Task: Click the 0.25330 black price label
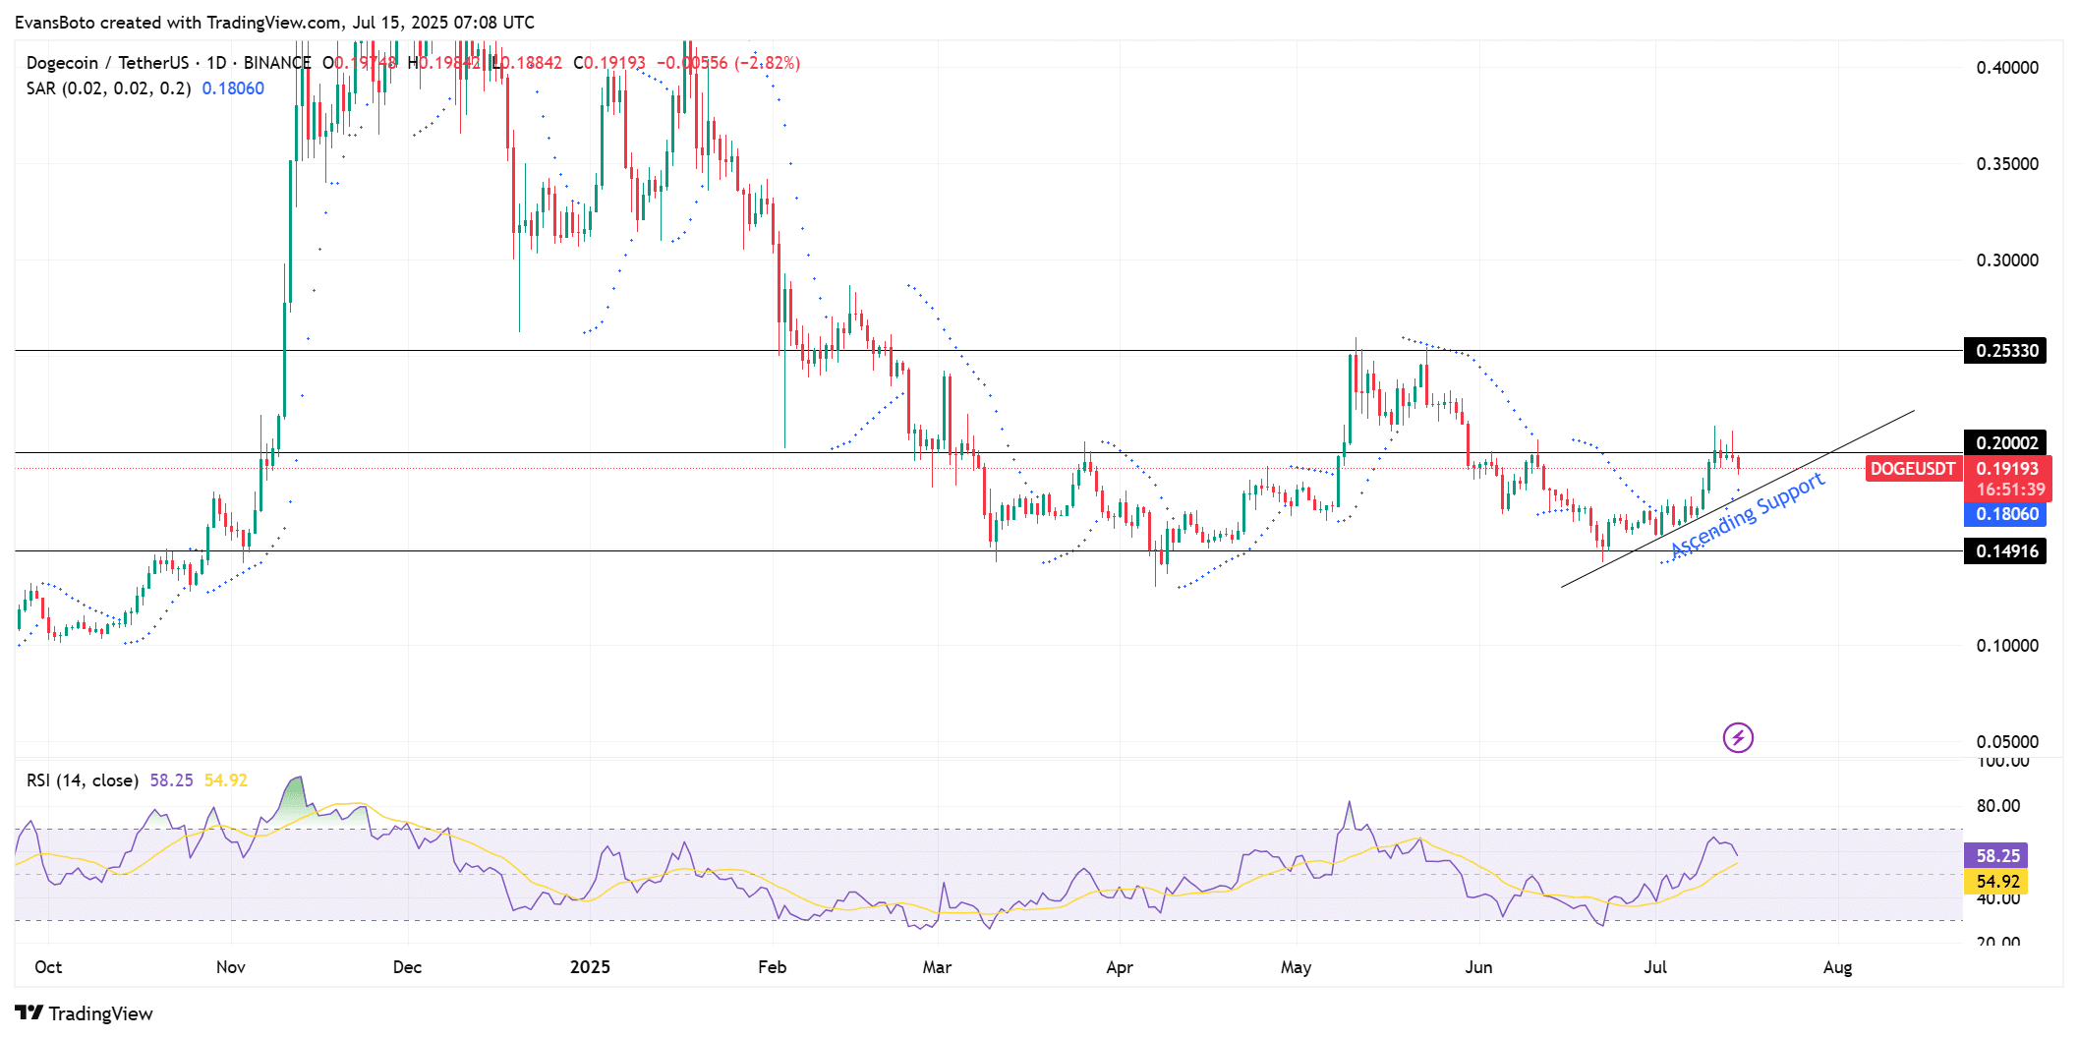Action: pyautogui.click(x=2005, y=351)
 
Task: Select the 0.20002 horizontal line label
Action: pyautogui.click(x=2005, y=443)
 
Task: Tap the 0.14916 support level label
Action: pyautogui.click(x=2005, y=551)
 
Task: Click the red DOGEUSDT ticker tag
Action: pyautogui.click(x=1912, y=469)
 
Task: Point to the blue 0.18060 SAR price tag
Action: pyautogui.click(x=2005, y=514)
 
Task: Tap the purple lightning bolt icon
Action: pyautogui.click(x=1738, y=737)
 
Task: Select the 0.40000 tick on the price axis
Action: pyautogui.click(x=2007, y=68)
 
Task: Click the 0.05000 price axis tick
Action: pyautogui.click(x=2007, y=742)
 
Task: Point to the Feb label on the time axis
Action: pyautogui.click(x=772, y=967)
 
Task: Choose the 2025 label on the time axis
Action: pyautogui.click(x=590, y=967)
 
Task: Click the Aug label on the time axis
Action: pyautogui.click(x=1837, y=967)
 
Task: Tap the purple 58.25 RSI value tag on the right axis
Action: pyautogui.click(x=1997, y=856)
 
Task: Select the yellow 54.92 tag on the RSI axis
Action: pyautogui.click(x=1997, y=882)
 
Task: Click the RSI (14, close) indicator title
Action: pyautogui.click(x=83, y=780)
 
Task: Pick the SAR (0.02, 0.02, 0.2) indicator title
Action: pyautogui.click(x=108, y=88)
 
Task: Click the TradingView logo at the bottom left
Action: pyautogui.click(x=85, y=1013)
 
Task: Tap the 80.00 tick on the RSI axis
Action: pyautogui.click(x=1998, y=806)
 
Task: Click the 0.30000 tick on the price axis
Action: pyautogui.click(x=2007, y=260)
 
